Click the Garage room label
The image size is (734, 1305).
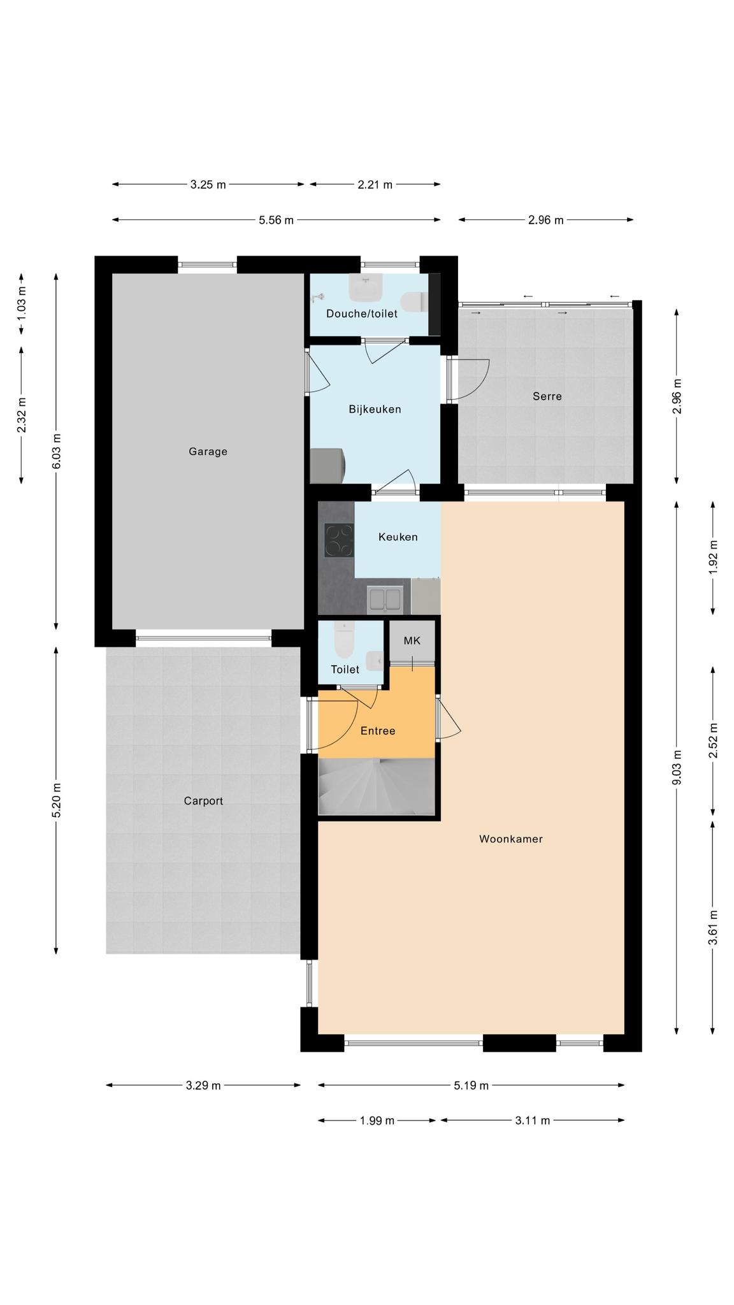point(208,452)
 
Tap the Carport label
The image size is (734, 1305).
point(203,801)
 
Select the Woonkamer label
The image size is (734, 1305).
point(511,839)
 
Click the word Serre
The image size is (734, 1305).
point(547,396)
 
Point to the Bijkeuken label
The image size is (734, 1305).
point(375,409)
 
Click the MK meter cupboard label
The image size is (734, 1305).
point(412,640)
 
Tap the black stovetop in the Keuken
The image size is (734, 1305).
point(339,540)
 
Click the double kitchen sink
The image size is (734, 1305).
point(385,600)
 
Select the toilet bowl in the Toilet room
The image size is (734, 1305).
point(344,640)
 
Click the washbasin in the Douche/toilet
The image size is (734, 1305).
point(366,287)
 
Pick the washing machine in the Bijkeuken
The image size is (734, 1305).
point(327,466)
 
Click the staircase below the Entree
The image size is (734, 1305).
point(377,786)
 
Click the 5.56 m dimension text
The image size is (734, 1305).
point(276,220)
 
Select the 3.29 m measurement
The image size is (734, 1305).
point(203,1086)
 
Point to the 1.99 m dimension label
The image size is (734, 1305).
point(377,1121)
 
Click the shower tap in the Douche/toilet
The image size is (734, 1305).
point(317,297)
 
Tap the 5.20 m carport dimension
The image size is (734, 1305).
point(57,800)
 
